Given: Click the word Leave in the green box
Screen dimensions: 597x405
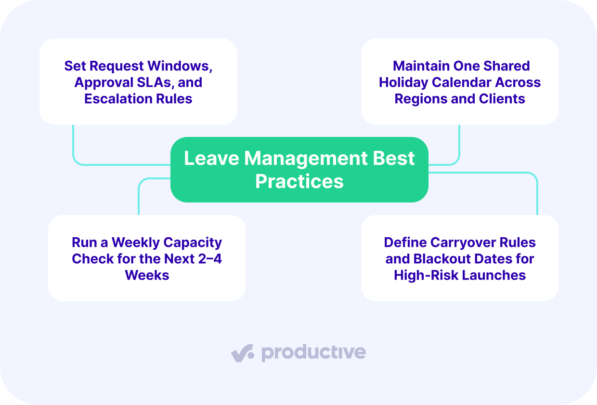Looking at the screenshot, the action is click(x=212, y=158).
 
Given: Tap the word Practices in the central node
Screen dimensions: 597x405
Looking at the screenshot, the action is click(x=299, y=181).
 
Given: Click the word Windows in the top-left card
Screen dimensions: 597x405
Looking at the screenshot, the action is click(x=180, y=66).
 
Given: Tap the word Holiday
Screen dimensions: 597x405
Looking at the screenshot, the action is click(x=403, y=83).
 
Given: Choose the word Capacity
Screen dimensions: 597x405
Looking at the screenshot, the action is click(x=193, y=243).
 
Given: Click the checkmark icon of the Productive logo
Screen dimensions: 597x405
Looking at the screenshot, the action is click(x=242, y=353).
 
